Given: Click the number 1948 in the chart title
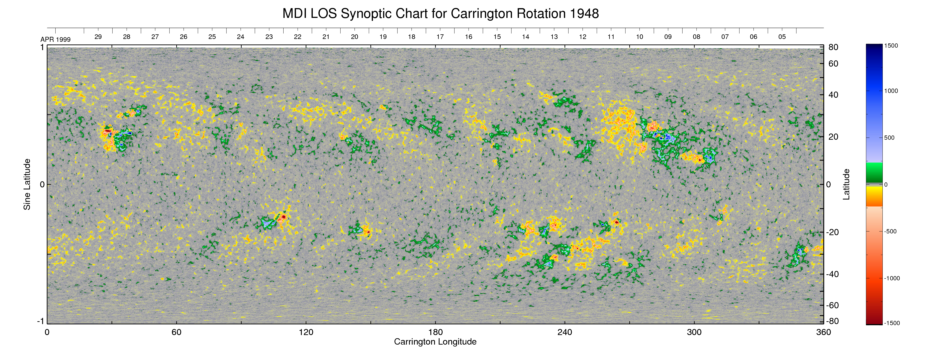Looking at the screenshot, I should (x=584, y=14).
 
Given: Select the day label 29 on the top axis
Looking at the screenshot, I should (x=98, y=37).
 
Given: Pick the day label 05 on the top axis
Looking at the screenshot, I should (x=782, y=37).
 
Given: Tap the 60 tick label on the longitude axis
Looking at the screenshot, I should (x=176, y=332).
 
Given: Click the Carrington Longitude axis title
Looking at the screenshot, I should (x=435, y=342).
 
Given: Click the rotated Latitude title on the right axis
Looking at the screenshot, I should (x=846, y=184).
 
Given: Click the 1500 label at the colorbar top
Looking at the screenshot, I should (x=891, y=46).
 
